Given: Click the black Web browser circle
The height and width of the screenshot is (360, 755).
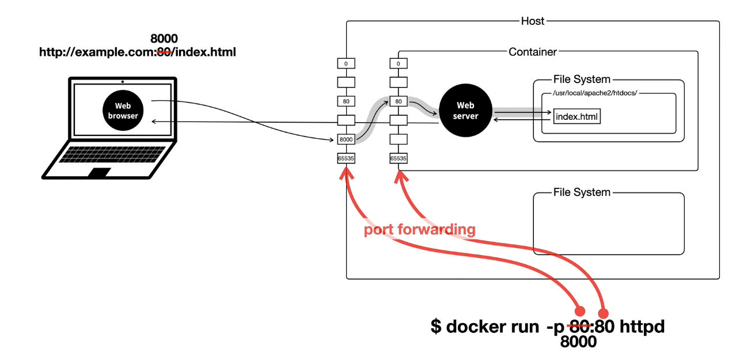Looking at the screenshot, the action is point(123,110).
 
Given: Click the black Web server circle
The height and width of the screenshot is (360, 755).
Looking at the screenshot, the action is point(465,110).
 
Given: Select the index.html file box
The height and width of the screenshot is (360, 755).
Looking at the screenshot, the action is point(576,116).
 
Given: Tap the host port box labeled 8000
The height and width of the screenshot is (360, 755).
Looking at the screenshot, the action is point(346,139).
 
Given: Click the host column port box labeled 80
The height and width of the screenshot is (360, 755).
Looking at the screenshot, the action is point(346,101).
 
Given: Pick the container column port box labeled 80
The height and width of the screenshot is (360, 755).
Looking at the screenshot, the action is point(399,101).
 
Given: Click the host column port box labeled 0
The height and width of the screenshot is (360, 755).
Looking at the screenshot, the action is point(346,63).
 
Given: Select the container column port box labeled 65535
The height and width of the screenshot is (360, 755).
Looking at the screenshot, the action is point(399,158).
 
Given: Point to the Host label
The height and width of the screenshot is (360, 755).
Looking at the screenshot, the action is point(533,21).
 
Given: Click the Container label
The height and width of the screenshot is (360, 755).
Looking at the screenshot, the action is point(533,52).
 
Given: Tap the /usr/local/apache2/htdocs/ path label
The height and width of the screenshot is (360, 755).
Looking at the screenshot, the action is point(595,93).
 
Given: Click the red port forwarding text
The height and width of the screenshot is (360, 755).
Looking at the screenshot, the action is point(420,230).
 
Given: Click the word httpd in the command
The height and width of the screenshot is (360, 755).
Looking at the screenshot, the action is point(642,326).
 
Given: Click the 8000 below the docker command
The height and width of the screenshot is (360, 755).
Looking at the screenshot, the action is point(578,342).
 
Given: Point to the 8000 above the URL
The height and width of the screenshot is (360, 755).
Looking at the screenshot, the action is point(164,39).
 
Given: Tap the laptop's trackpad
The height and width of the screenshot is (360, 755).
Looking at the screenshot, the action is point(100,172).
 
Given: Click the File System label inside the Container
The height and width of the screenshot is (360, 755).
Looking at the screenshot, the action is point(582,79).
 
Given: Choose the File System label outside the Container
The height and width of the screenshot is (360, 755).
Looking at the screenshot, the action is point(582,192).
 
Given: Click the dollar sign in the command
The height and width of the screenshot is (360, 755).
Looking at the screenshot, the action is point(436,326).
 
